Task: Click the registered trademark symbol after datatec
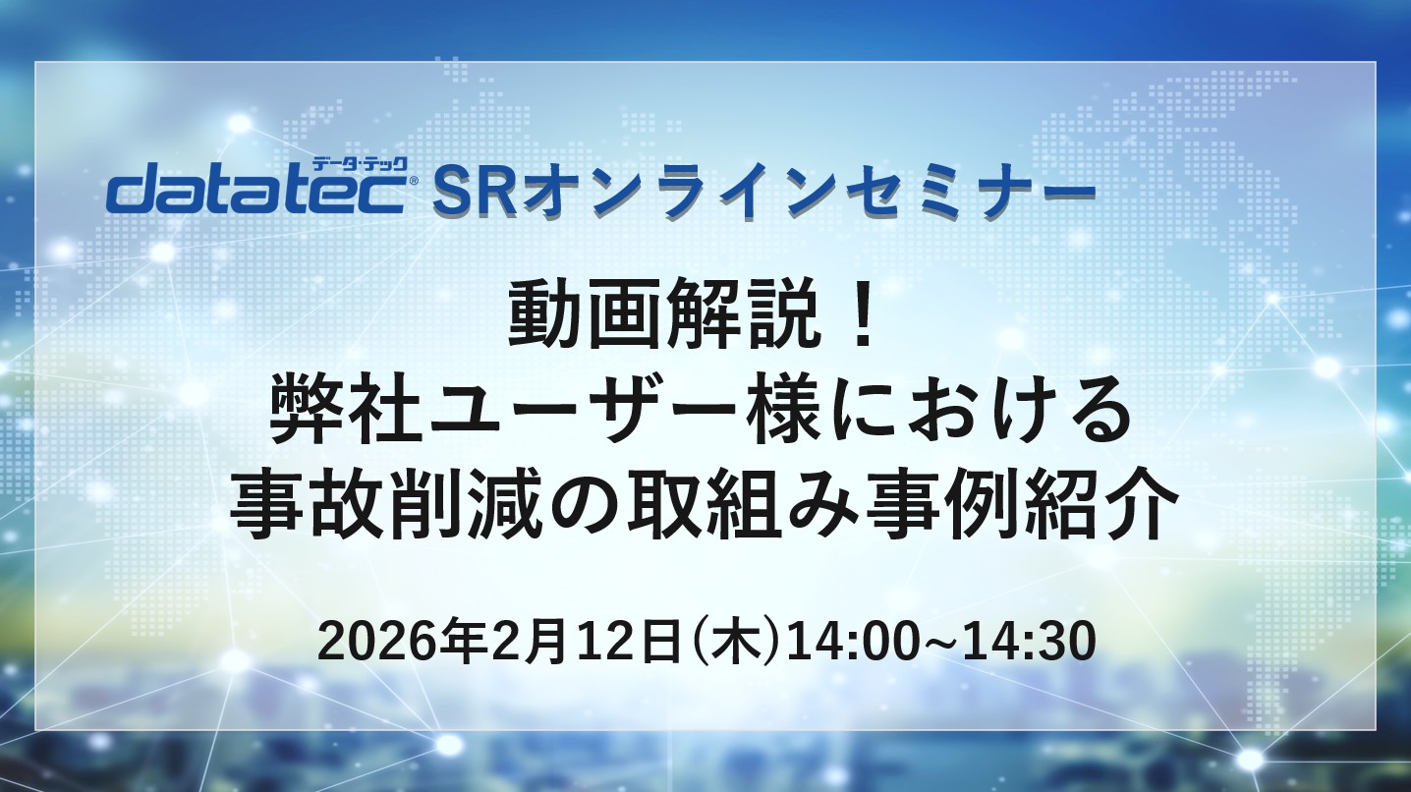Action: click(413, 181)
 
